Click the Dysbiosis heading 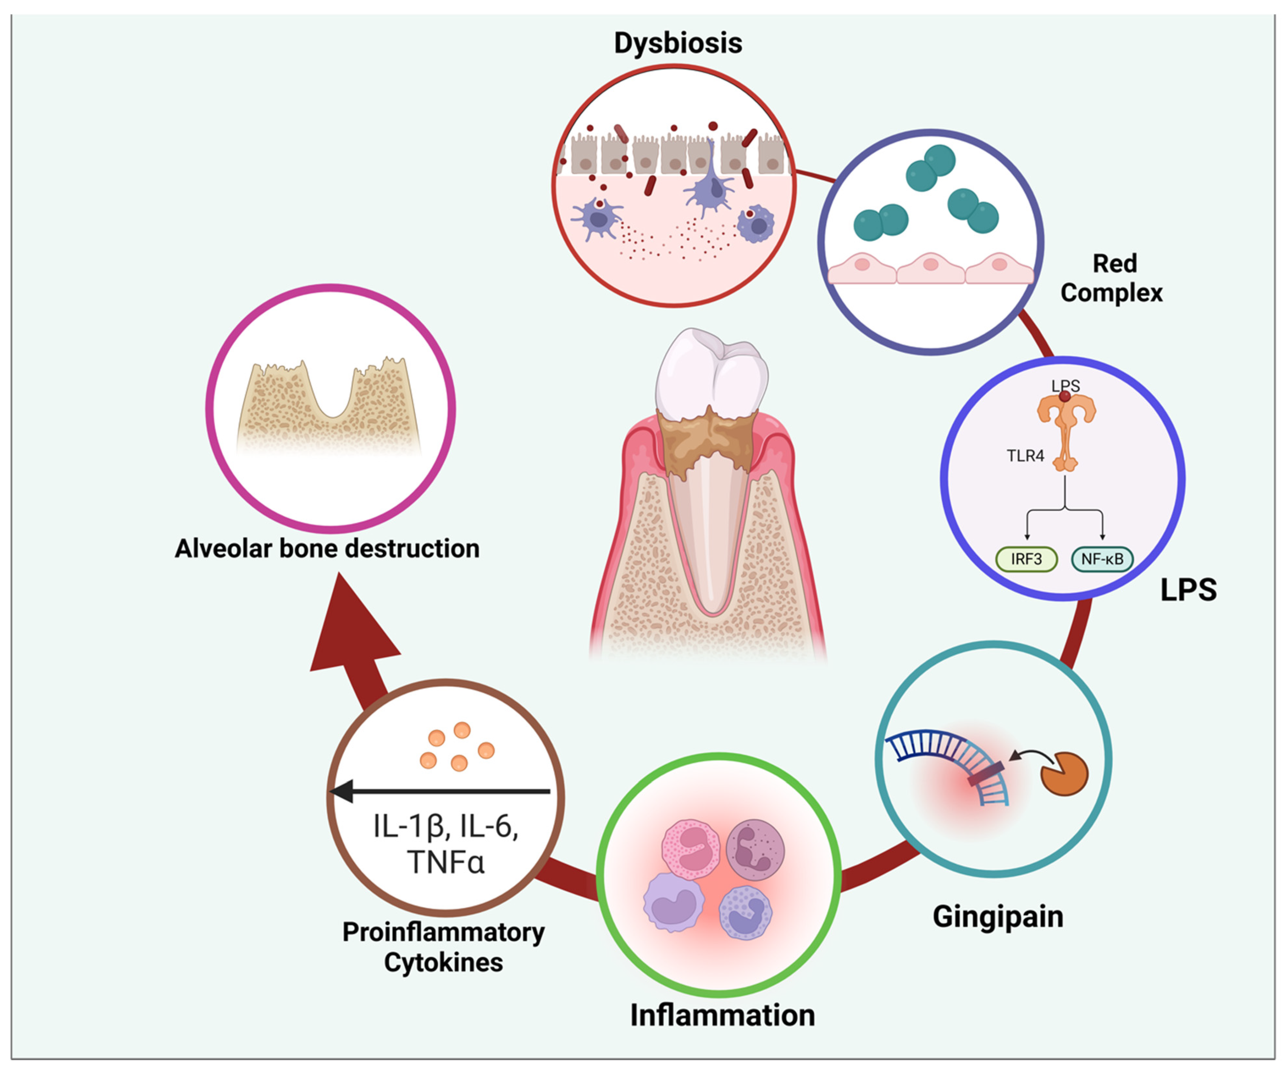(677, 43)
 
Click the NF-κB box (1102, 559)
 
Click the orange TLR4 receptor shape (1066, 428)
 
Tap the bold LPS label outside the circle (1188, 590)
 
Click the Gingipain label (998, 916)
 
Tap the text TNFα (445, 862)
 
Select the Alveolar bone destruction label (327, 548)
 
